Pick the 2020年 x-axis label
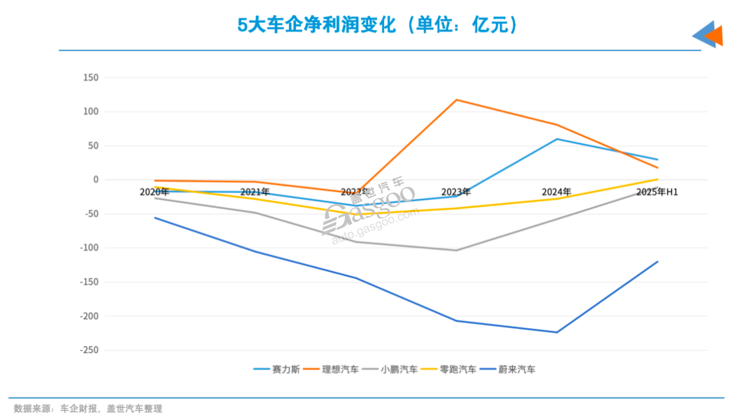point(155,192)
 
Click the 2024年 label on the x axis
point(556,192)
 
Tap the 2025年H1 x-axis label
point(657,192)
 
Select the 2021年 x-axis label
point(255,192)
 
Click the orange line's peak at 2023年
point(456,100)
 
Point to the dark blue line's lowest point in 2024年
point(557,332)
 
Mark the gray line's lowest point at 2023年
point(456,250)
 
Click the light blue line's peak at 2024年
point(557,139)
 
